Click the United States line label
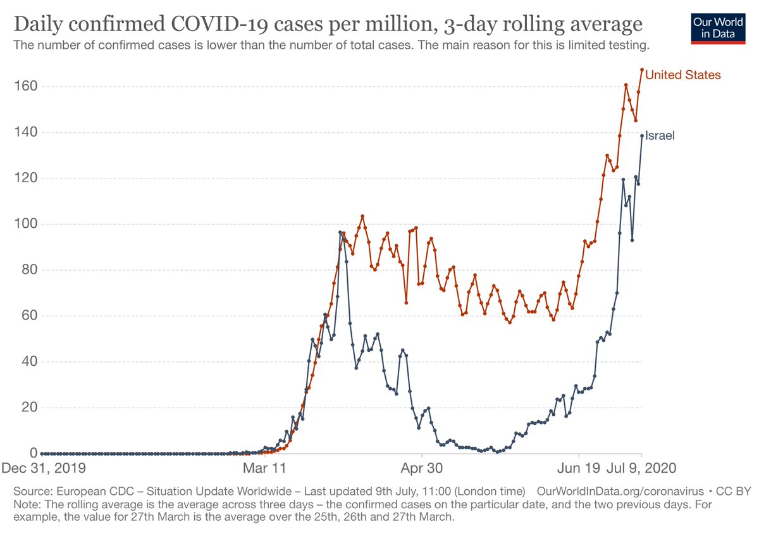(682, 75)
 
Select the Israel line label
(660, 135)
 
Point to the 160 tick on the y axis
(23, 86)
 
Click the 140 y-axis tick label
(23, 132)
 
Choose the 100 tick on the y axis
(23, 224)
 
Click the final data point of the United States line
(642, 70)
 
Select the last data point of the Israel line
(642, 136)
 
